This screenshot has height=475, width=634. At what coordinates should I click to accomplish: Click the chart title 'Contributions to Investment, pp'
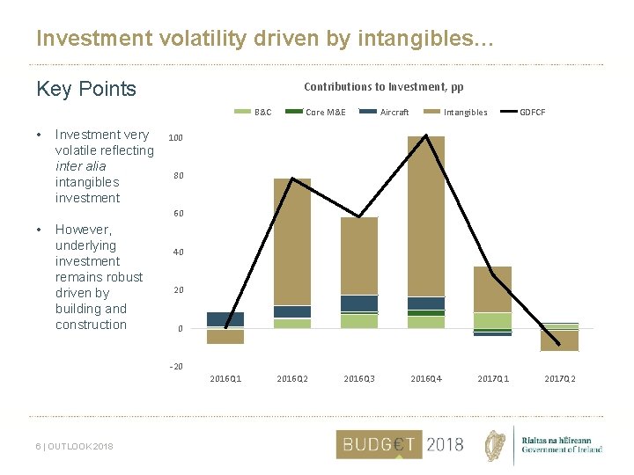[383, 87]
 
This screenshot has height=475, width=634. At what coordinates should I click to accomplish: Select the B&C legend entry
[262, 113]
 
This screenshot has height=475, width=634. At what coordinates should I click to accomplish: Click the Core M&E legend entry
[325, 113]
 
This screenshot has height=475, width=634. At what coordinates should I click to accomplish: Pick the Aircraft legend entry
[394, 113]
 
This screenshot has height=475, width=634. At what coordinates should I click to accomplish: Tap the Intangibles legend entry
[465, 113]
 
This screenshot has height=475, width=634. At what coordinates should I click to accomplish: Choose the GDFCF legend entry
[532, 113]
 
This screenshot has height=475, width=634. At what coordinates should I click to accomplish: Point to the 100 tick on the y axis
[176, 139]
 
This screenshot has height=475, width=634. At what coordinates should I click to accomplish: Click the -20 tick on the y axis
[176, 367]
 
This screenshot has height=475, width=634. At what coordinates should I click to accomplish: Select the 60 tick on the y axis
[178, 215]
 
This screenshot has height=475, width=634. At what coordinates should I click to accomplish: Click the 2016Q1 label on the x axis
[225, 379]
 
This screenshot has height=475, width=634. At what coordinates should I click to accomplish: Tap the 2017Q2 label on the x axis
[559, 379]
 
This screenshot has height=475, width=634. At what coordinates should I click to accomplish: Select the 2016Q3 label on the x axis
[358, 379]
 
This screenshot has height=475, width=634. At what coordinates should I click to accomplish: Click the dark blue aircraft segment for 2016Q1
[225, 319]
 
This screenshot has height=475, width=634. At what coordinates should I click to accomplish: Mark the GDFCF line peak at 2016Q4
[426, 135]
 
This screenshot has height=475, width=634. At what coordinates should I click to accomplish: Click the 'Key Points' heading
[86, 89]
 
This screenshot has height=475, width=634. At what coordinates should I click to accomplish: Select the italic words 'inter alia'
[80, 166]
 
